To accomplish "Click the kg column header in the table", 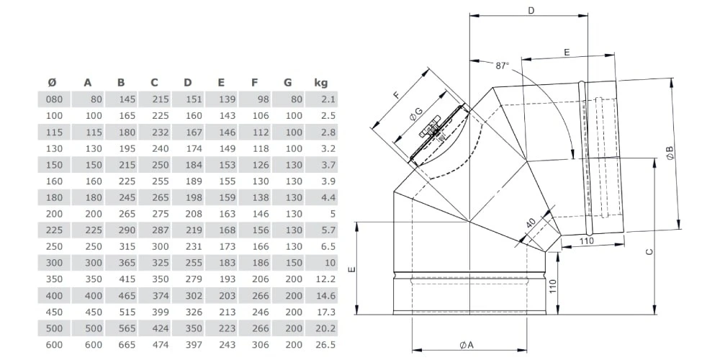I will (321, 82).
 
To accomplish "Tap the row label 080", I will (55, 99).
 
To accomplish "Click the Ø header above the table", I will (51, 82).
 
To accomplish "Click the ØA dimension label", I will (466, 345).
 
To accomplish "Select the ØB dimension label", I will (670, 153).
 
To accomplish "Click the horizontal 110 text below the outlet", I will (587, 242).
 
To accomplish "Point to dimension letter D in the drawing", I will (531, 10).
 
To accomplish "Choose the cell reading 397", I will (191, 345).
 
